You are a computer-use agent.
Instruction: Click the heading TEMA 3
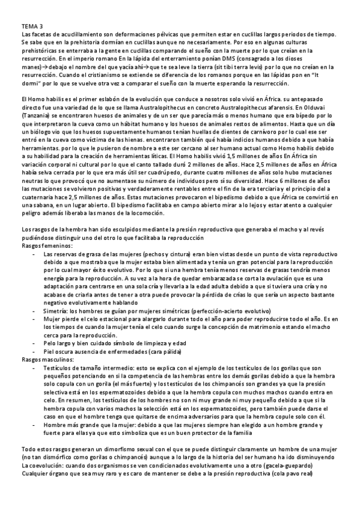(x=32, y=26)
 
